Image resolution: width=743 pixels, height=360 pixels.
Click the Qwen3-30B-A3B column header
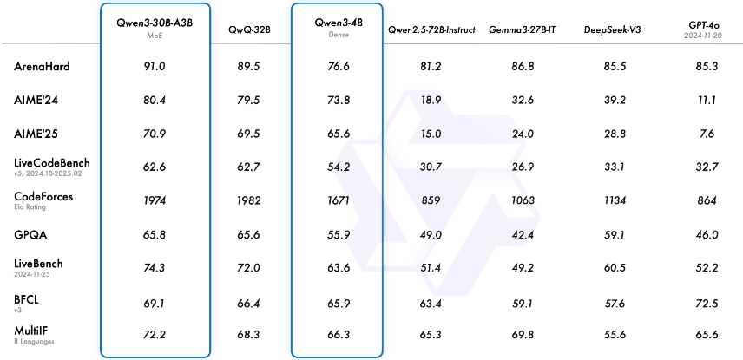(x=155, y=21)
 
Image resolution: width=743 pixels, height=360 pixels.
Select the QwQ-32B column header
(x=250, y=29)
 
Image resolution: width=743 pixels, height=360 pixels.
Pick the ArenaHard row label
(x=43, y=66)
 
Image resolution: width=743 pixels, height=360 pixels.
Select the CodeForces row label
(x=44, y=197)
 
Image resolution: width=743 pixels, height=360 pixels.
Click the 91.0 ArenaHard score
(x=155, y=67)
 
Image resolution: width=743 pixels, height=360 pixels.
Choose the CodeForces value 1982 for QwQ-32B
(x=250, y=201)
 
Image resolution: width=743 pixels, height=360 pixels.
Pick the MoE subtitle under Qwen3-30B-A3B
(x=155, y=36)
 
